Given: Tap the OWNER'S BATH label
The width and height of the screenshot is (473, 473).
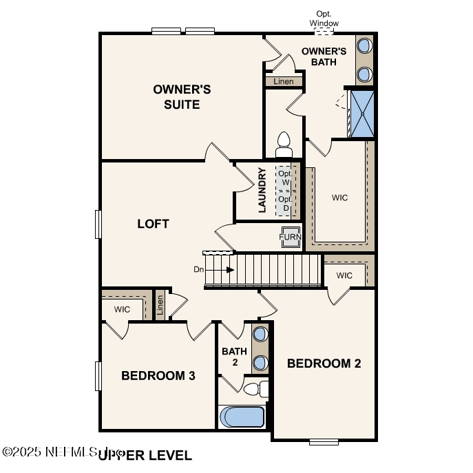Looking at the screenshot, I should (x=324, y=56).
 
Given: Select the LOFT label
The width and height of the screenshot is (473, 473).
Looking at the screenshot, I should (x=153, y=224).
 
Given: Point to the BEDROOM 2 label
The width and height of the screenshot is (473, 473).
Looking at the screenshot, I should (x=324, y=364).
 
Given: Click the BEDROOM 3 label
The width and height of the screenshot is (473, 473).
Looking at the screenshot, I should (x=158, y=376).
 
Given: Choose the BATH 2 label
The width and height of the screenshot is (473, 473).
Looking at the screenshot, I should (x=234, y=357).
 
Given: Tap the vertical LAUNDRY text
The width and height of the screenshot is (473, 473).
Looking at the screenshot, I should (x=262, y=190).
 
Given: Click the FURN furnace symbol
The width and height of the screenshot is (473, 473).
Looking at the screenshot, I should (x=290, y=237).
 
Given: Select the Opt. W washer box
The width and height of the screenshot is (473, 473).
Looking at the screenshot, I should (x=284, y=178).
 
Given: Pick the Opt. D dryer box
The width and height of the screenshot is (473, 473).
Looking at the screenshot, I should (x=284, y=204).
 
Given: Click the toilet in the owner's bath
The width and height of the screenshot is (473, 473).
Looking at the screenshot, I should (x=283, y=145).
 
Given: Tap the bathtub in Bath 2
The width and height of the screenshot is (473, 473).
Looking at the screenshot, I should (x=242, y=417).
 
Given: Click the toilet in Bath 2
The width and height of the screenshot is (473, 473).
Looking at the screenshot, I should (x=257, y=390).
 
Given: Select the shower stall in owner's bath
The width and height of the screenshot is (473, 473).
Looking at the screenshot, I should (x=361, y=114).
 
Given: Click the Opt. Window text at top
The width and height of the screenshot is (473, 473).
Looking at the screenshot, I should (x=324, y=19).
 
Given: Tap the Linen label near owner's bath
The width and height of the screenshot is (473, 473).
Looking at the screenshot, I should (x=284, y=81).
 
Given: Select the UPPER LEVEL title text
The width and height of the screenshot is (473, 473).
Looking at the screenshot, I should (x=145, y=455).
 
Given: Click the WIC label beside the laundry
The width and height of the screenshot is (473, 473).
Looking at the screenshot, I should (x=339, y=198).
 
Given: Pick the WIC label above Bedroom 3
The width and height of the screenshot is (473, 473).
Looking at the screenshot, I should (x=122, y=309).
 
